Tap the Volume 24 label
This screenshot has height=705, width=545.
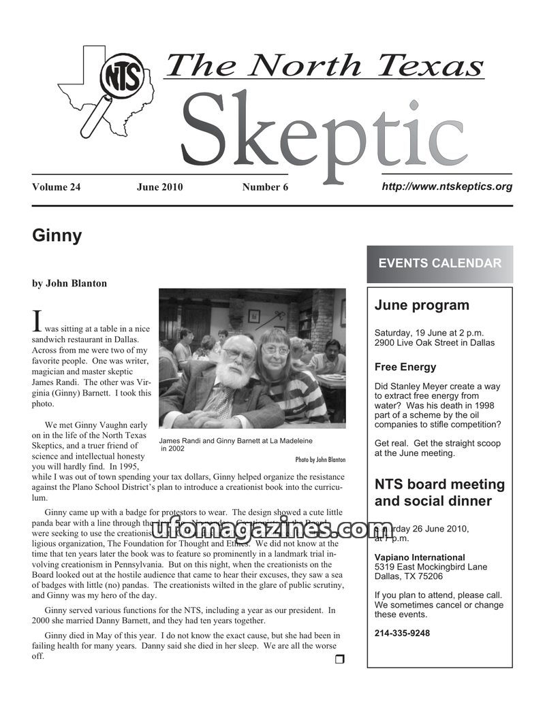coord(56,187)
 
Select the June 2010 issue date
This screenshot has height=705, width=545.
coord(159,187)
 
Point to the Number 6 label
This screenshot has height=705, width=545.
coord(265,187)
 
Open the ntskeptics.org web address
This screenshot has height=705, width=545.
coord(447,186)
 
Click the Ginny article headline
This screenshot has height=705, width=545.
coord(57,236)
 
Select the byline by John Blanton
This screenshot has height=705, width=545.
coord(69,283)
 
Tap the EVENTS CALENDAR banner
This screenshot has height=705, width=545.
coord(439,264)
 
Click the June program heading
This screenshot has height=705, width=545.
coord(422,306)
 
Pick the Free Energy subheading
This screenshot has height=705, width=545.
coord(405,367)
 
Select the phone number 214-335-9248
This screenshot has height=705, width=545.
coord(402,633)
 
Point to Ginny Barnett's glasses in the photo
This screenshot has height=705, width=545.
coord(275,349)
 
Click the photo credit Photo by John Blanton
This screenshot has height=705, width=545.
coord(320,459)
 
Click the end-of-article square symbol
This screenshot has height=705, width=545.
coord(340,659)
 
